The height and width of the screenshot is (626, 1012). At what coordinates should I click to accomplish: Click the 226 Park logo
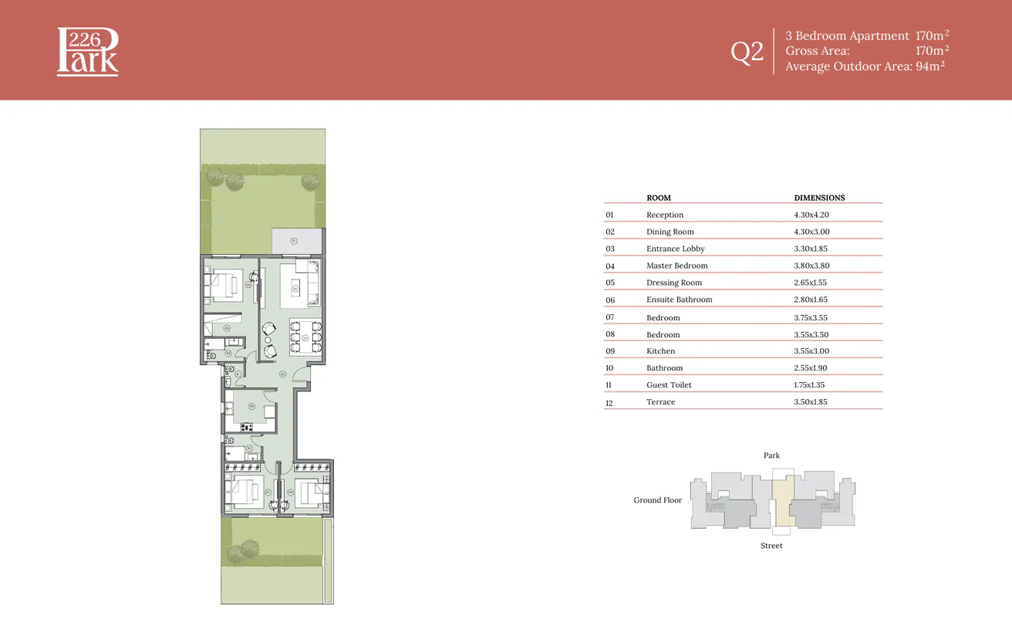pos(88,52)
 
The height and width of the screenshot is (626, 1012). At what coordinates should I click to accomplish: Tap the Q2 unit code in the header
pos(747,52)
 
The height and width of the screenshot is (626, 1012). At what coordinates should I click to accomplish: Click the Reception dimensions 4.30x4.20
pos(811,215)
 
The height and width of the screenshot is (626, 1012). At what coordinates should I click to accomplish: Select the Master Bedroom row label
pos(676,266)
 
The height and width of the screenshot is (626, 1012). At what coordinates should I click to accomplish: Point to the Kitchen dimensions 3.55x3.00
pos(811,351)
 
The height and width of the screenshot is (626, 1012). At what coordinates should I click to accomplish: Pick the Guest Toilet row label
pos(669,385)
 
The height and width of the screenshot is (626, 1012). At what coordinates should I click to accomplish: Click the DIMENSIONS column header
pos(819,198)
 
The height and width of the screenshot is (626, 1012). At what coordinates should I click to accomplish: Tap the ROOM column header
pos(658,198)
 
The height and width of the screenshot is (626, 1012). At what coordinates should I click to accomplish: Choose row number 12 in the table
pos(609,403)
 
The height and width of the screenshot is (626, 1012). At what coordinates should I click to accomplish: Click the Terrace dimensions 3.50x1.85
pos(811,402)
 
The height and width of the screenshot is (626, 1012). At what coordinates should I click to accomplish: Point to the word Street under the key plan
pos(771,546)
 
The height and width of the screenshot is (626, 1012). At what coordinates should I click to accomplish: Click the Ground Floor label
pos(658,500)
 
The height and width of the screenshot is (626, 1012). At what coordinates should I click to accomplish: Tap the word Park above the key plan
pos(771,455)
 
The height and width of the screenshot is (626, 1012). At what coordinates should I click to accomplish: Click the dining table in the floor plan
pos(305,337)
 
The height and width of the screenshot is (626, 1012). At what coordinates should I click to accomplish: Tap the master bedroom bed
pos(227,283)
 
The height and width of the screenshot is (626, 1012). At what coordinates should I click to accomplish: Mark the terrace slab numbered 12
pos(296,241)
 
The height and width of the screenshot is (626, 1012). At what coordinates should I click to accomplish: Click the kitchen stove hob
pos(247,427)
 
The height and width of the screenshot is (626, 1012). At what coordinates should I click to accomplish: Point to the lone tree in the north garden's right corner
pos(310,181)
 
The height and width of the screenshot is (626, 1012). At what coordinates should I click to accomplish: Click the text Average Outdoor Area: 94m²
pos(865,66)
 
